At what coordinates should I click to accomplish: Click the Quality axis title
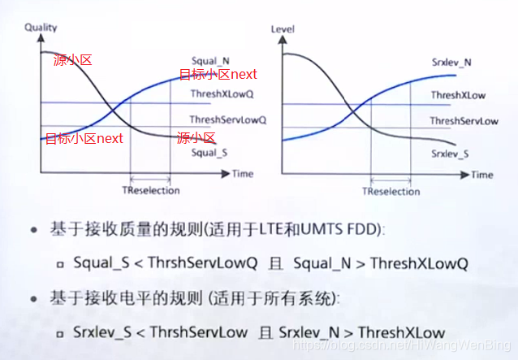click(41, 27)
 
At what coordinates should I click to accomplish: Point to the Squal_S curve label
click(208, 152)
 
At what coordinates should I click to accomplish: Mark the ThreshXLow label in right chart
click(458, 95)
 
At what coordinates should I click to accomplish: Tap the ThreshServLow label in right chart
click(464, 121)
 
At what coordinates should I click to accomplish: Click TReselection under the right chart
click(392, 192)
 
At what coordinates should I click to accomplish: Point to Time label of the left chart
click(242, 174)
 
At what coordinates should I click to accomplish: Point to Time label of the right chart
click(482, 175)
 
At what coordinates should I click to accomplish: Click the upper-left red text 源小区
click(67, 60)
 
